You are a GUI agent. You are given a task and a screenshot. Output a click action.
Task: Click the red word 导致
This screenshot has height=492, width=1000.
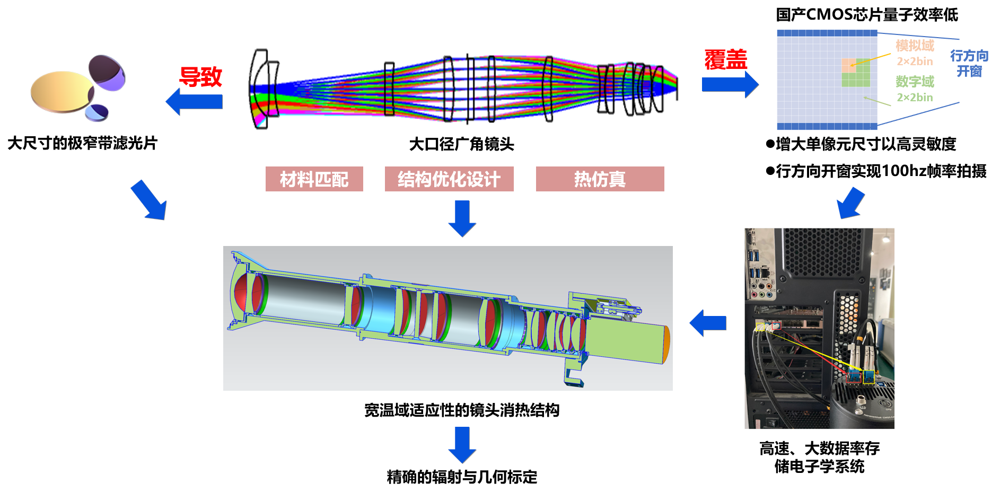(200, 77)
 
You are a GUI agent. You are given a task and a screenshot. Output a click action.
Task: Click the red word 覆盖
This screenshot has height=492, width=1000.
(725, 59)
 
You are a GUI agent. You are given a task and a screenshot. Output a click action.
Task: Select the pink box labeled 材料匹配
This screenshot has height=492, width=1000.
(314, 179)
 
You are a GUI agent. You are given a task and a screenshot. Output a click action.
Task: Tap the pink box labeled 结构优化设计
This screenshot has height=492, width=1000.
(449, 179)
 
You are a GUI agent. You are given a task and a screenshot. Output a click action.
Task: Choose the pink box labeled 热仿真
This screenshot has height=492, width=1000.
(600, 179)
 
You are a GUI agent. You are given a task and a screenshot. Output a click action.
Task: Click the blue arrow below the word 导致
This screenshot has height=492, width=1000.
(194, 101)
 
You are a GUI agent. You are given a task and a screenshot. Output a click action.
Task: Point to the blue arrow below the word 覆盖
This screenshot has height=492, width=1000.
(730, 84)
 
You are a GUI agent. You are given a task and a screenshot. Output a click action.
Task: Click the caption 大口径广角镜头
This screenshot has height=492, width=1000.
(461, 144)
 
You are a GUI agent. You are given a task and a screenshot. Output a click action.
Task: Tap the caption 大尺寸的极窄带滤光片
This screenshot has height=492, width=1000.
(83, 143)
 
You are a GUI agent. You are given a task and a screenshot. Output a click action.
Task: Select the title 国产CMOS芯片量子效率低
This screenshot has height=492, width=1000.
(867, 15)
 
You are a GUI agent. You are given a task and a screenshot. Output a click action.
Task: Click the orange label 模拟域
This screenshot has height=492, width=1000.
(915, 46)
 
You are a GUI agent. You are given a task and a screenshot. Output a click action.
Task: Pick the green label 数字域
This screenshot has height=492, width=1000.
(915, 82)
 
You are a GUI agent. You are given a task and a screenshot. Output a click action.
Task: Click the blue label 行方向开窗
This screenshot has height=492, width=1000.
(969, 63)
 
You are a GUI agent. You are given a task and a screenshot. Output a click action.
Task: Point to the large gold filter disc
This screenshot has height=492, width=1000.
(62, 92)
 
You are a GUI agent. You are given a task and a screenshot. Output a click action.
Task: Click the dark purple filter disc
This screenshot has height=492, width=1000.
(107, 72)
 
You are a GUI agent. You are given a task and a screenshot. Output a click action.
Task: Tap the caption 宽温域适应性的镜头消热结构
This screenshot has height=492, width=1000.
(461, 410)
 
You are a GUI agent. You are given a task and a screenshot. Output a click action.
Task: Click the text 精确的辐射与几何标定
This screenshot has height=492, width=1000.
(462, 477)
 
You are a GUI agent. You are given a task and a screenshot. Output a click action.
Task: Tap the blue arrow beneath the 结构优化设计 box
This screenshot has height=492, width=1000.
(462, 218)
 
